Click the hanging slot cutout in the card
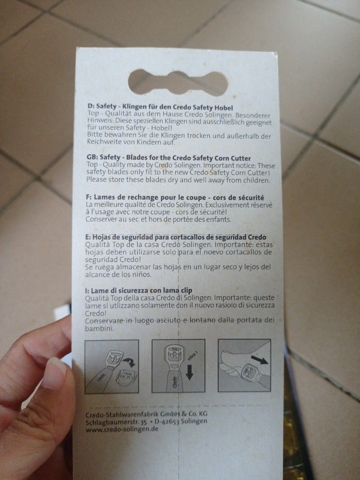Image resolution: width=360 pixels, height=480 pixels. (178, 82)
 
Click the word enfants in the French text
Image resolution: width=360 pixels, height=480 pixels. (220, 219)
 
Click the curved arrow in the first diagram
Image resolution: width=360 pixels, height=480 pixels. (130, 363)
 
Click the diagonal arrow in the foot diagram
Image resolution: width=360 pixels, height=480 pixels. (259, 360)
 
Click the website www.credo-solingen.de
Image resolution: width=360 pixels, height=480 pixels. (122, 429)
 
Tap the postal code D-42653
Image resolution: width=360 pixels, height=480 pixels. (167, 421)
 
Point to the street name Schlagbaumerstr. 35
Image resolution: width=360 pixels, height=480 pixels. (116, 422)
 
